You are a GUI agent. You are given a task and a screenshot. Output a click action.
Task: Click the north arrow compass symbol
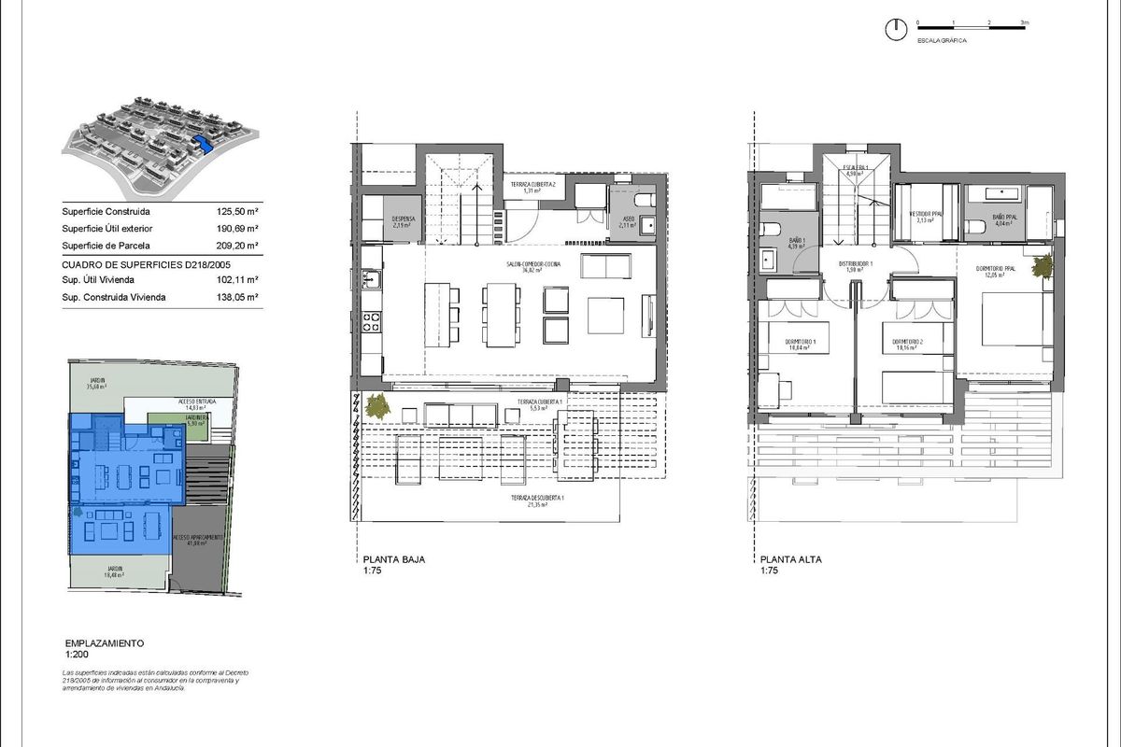click(x=896, y=29)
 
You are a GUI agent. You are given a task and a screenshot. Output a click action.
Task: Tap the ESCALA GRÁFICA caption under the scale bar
click(x=941, y=42)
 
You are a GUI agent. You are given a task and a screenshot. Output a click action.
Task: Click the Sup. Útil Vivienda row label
click(x=98, y=279)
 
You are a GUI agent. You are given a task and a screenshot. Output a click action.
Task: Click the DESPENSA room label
click(x=403, y=221)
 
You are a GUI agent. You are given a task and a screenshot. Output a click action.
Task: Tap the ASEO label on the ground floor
click(x=628, y=220)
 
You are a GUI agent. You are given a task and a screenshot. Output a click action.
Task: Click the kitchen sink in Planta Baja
click(x=371, y=277)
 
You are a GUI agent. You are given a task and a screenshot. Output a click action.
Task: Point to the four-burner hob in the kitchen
click(x=371, y=321)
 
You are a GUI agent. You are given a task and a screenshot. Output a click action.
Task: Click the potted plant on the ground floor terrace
click(x=378, y=406)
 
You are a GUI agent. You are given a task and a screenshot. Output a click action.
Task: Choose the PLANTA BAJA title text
click(x=395, y=560)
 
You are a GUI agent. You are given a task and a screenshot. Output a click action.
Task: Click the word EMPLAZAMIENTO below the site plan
click(x=104, y=644)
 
